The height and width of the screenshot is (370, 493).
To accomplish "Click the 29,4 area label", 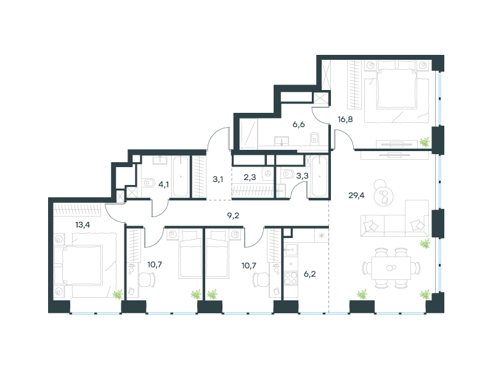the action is (356, 195).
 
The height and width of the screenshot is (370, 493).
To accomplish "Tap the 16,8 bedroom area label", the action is (345, 120).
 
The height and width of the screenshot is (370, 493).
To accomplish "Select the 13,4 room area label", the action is (83, 224).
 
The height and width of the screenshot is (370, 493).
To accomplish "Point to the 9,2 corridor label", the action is (233, 215).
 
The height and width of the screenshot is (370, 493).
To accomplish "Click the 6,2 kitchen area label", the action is (310, 274).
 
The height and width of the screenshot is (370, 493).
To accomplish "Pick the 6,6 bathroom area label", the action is (299, 125).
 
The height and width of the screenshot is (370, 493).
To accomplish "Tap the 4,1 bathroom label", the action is (163, 184).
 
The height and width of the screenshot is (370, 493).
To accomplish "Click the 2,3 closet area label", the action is (250, 178).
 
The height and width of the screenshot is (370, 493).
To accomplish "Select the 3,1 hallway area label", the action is (218, 179).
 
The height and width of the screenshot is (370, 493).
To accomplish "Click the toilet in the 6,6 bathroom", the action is (314, 138).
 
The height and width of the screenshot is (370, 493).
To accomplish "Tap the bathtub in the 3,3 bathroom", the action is (319, 176).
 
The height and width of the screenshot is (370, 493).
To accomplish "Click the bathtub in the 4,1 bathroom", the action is (181, 176).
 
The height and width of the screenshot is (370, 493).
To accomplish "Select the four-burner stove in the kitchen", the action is (291, 278).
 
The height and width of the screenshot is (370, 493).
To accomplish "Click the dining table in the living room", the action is (391, 268).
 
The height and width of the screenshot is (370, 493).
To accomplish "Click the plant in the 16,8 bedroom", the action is (424, 142).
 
